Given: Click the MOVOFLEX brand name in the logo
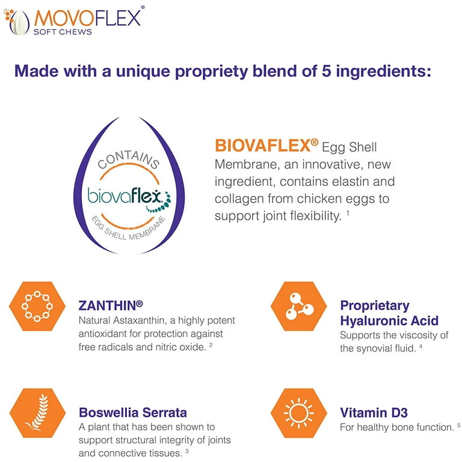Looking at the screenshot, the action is click(87, 18).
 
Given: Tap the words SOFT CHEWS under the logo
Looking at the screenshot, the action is click(63, 32).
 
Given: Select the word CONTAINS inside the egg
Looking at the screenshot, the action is click(129, 160).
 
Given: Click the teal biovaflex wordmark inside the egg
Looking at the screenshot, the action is click(125, 196).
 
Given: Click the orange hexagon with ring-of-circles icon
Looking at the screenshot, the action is click(37, 306).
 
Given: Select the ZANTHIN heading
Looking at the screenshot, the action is click(111, 305).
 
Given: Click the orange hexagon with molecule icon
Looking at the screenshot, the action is click(299, 306).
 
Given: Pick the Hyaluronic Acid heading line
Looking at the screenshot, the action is click(389, 321).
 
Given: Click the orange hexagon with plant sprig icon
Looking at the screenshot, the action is click(37, 413).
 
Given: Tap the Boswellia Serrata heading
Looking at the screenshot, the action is click(133, 413).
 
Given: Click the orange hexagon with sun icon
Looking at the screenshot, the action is click(299, 413).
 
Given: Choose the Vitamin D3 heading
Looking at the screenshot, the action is click(374, 413).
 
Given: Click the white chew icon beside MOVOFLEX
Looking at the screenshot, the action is click(19, 23).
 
